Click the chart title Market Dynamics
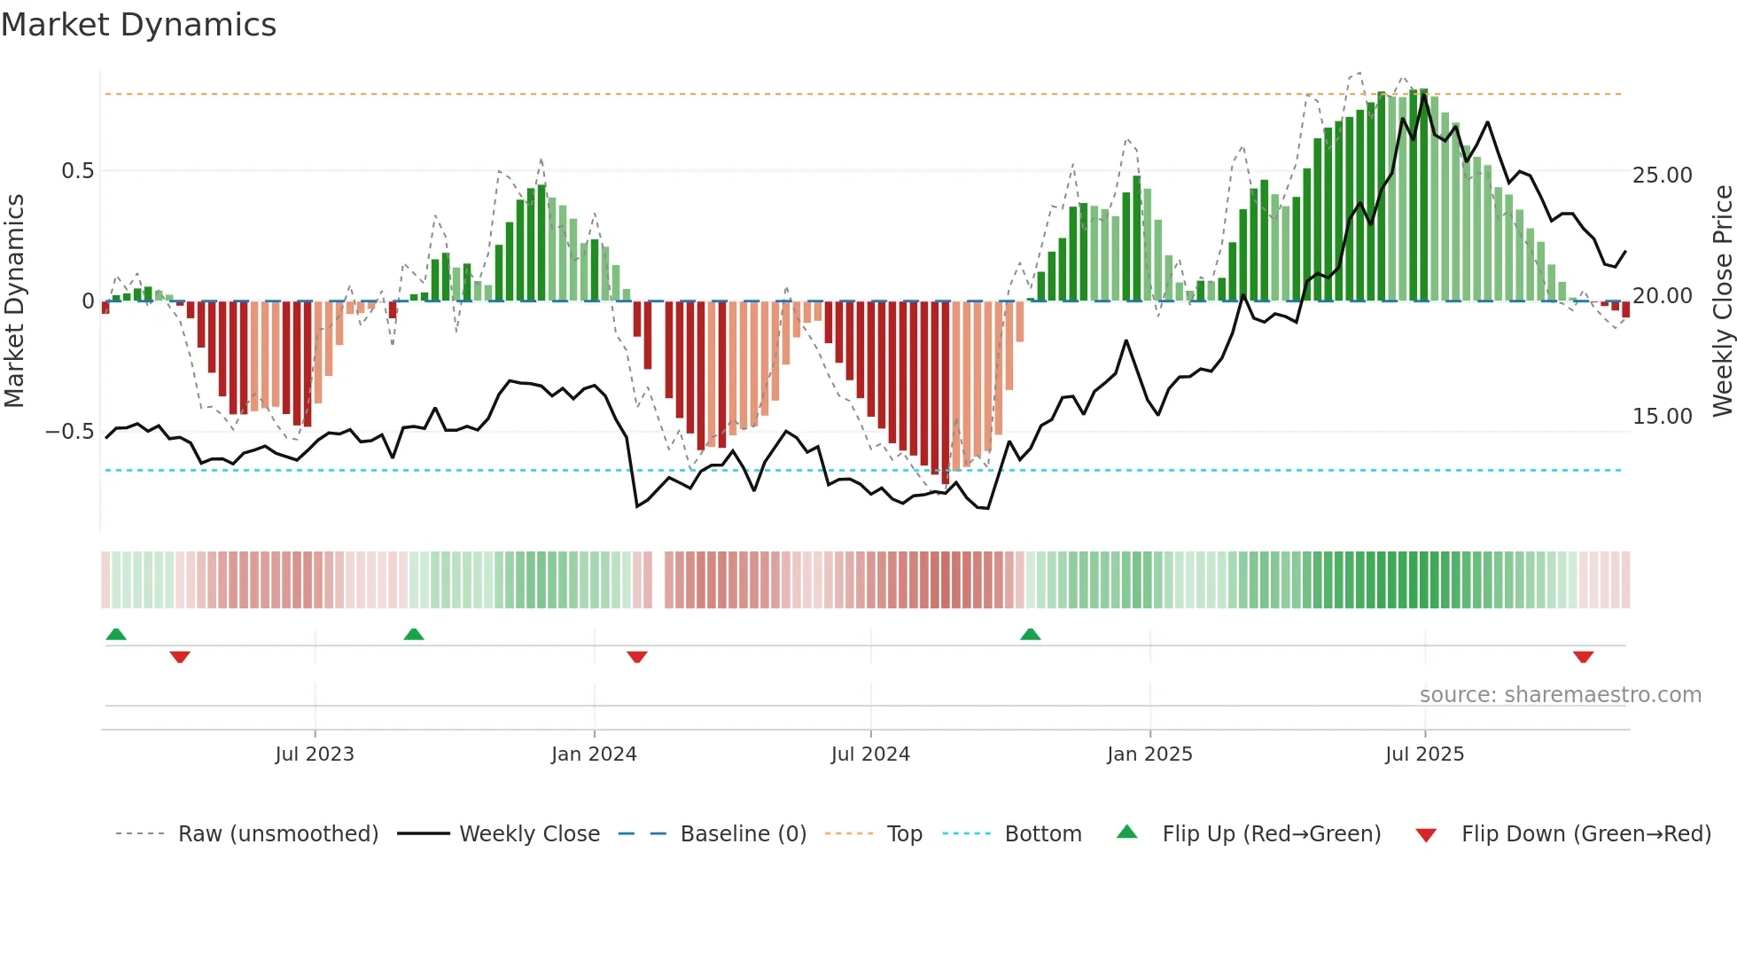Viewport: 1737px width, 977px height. tap(138, 25)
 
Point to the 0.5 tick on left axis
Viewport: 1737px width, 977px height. tap(77, 171)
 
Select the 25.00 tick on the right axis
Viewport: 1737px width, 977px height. tap(1662, 176)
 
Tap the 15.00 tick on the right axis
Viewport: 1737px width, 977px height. tap(1662, 417)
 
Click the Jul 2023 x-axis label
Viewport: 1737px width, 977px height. tap(315, 754)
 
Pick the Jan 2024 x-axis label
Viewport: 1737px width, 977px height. tap(594, 754)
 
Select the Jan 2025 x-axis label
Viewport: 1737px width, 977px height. tap(1149, 754)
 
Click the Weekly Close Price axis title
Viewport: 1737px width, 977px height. tap(1722, 301)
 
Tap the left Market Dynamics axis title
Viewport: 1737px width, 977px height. tap(14, 301)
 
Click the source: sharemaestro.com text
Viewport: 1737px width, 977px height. tap(1560, 695)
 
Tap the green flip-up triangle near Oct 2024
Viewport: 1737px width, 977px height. tap(1030, 635)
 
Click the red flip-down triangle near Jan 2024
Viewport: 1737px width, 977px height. tap(637, 657)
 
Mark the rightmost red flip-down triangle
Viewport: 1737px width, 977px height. tap(1584, 657)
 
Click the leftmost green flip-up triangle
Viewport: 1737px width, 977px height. tap(116, 635)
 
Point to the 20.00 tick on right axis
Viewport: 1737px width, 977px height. tap(1662, 296)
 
